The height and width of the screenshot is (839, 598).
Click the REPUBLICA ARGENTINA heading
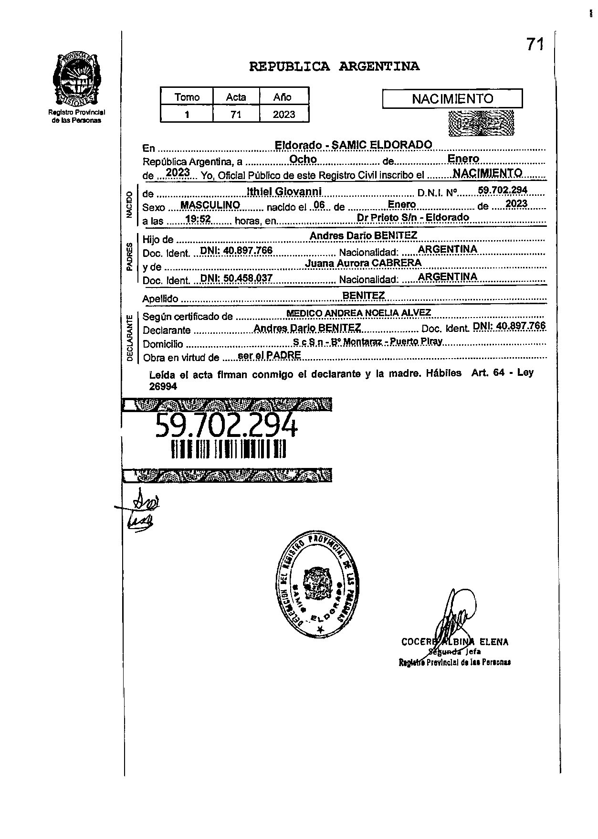pyautogui.click(x=334, y=66)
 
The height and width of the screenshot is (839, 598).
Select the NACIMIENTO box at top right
pyautogui.click(x=452, y=99)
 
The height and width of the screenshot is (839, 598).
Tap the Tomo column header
pyautogui.click(x=187, y=97)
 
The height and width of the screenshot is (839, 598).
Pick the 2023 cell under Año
pyautogui.click(x=284, y=115)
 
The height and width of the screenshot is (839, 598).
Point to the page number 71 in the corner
pyautogui.click(x=535, y=44)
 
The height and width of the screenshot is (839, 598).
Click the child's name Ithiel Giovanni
pyautogui.click(x=284, y=191)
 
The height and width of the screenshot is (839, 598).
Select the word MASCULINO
pyautogui.click(x=210, y=205)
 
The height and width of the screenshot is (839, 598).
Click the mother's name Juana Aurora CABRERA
pyautogui.click(x=363, y=263)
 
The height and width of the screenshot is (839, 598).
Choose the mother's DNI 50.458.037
pyautogui.click(x=236, y=278)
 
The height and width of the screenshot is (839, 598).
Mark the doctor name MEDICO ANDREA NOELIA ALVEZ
pyautogui.click(x=358, y=313)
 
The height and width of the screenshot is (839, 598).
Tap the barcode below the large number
pyautogui.click(x=228, y=449)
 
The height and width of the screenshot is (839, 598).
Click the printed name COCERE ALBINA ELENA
pyautogui.click(x=455, y=642)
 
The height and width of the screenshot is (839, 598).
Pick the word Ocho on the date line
pyautogui.click(x=304, y=159)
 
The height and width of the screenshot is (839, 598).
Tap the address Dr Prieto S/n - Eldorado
pyautogui.click(x=413, y=217)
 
